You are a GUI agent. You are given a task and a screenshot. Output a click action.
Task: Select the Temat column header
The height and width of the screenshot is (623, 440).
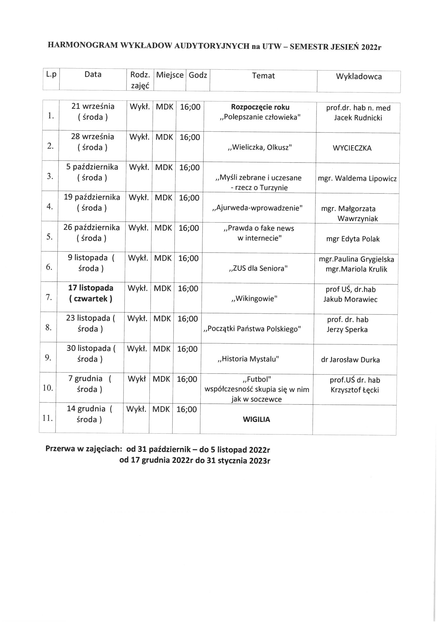tap(263, 76)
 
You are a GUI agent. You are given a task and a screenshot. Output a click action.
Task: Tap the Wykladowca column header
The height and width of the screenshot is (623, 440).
tap(359, 76)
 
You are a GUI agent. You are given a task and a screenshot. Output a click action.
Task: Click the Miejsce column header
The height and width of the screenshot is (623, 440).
tap(170, 75)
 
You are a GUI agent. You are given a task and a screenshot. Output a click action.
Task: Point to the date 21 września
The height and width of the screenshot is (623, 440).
tap(93, 106)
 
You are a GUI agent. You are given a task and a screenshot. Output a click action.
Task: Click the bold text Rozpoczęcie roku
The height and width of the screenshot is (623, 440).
tap(260, 107)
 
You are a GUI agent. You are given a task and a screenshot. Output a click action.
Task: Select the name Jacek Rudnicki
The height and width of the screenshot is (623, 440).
tap(358, 118)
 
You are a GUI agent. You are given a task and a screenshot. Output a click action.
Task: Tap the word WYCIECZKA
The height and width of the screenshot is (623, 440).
tap(352, 148)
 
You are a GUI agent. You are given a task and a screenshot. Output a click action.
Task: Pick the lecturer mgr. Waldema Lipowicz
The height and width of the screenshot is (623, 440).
tap(357, 179)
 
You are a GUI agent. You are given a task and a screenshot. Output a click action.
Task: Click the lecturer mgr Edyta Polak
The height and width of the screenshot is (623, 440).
tap(353, 239)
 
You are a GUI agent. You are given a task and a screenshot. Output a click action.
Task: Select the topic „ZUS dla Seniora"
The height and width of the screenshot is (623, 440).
tap(258, 269)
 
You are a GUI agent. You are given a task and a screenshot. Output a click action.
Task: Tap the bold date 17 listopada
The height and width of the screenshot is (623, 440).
tap(91, 288)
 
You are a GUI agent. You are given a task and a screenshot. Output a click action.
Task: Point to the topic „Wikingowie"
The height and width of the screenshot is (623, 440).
tap(254, 299)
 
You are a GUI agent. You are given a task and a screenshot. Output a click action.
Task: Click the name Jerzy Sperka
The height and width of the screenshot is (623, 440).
tap(347, 330)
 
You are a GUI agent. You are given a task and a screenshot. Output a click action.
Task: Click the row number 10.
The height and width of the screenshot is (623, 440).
tap(48, 388)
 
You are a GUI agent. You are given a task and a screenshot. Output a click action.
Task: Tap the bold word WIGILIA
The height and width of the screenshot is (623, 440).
tap(256, 419)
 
